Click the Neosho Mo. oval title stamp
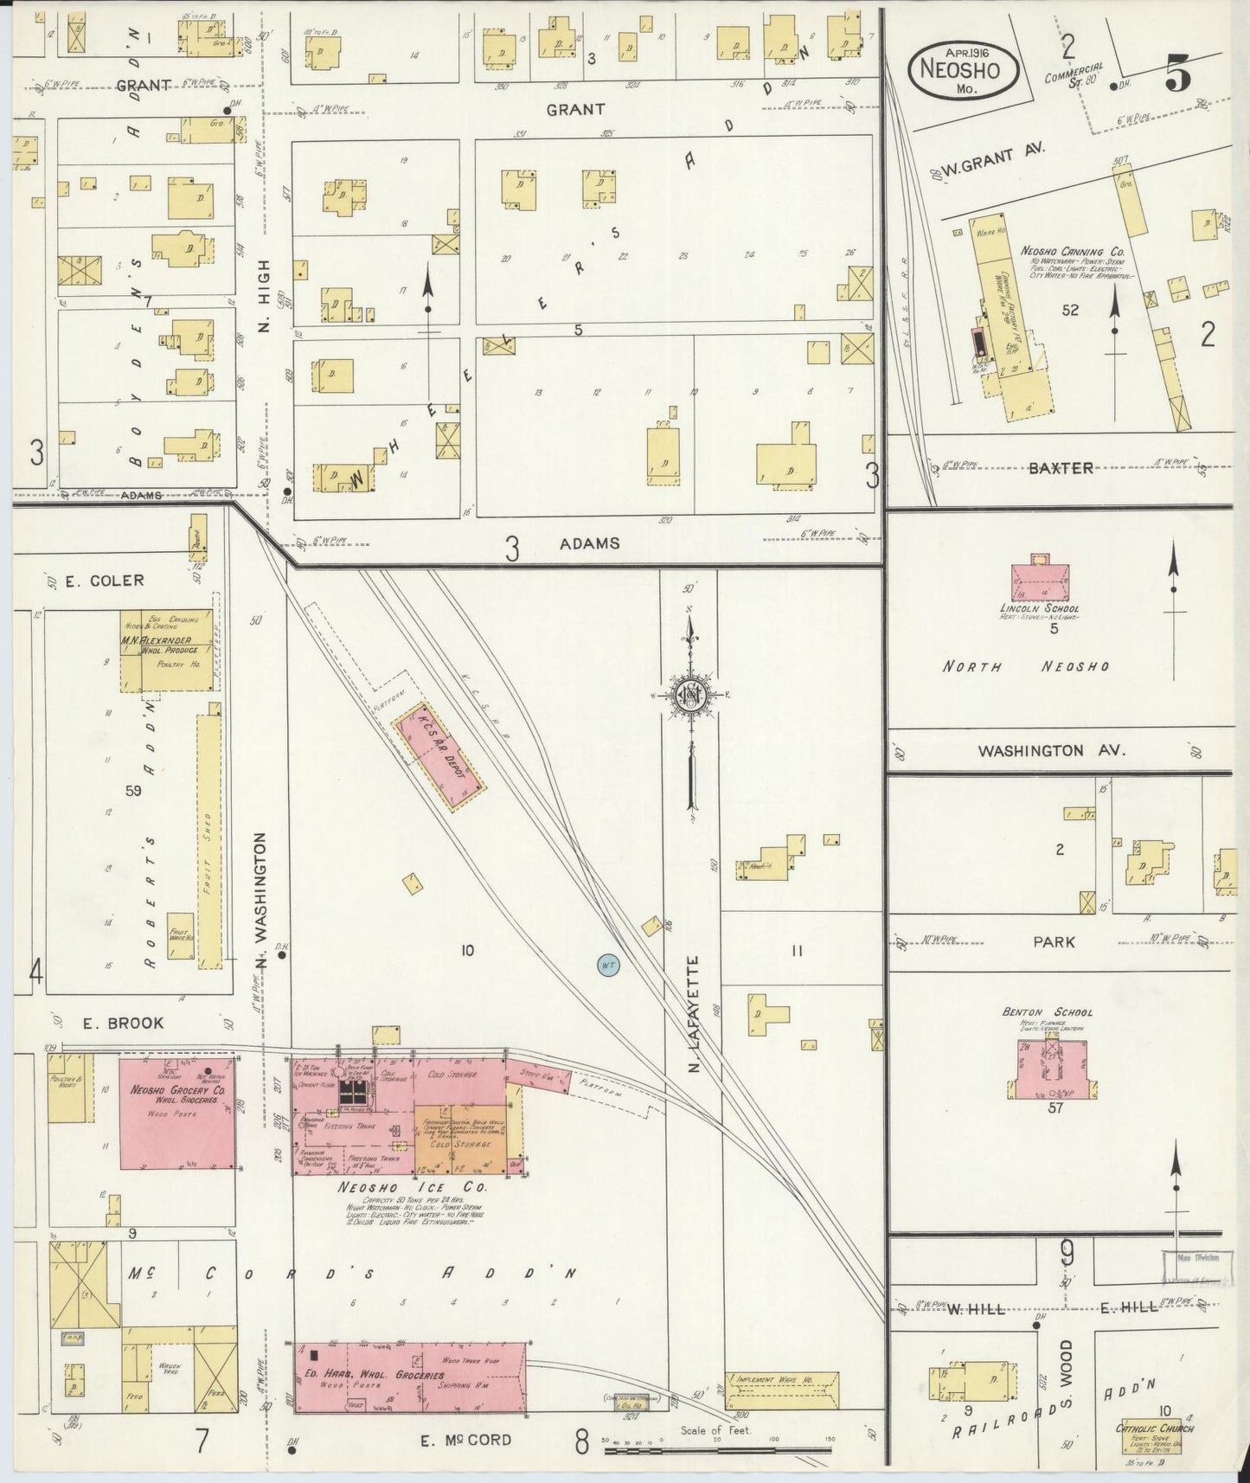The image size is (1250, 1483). (963, 67)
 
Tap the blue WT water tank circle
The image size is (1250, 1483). (608, 964)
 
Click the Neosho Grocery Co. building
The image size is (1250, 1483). (176, 1112)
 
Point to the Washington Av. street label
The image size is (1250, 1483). (1052, 751)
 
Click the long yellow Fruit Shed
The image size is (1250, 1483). (208, 838)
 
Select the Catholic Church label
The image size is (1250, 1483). (1154, 1428)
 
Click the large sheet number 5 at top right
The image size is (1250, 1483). (1177, 76)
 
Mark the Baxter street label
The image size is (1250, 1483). (1061, 467)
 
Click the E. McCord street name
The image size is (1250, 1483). (465, 1440)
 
